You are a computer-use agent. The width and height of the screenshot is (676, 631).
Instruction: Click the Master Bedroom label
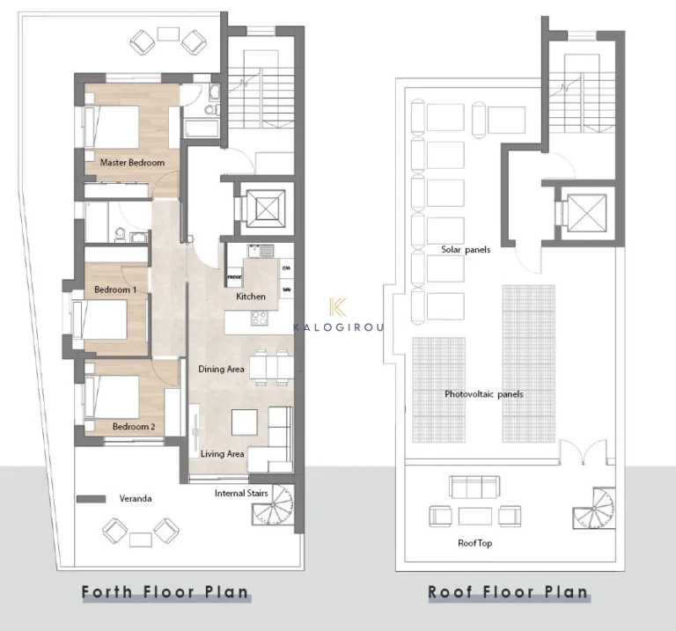pyautogui.click(x=132, y=163)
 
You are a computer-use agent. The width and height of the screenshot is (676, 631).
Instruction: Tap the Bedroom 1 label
pyautogui.click(x=115, y=290)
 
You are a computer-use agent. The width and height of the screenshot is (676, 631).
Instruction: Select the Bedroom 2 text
pyautogui.click(x=134, y=427)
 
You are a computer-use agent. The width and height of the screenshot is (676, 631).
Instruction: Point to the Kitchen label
pyautogui.click(x=250, y=297)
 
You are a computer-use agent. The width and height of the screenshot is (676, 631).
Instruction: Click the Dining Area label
pyautogui.click(x=221, y=370)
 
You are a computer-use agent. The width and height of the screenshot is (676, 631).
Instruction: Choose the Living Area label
pyautogui.click(x=222, y=454)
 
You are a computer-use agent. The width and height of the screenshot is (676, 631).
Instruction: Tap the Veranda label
pyautogui.click(x=136, y=499)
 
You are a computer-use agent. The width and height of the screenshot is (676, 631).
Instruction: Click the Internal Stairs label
pyautogui.click(x=241, y=494)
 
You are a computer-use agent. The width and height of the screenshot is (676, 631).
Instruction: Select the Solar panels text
pyautogui.click(x=466, y=250)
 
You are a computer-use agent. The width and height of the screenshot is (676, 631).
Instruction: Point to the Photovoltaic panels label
pyautogui.click(x=483, y=394)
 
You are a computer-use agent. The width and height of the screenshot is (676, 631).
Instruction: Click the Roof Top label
pyautogui.click(x=474, y=543)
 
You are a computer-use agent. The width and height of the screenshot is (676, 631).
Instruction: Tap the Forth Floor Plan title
pyautogui.click(x=165, y=591)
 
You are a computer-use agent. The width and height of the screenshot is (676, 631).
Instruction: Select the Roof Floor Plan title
pyautogui.click(x=508, y=591)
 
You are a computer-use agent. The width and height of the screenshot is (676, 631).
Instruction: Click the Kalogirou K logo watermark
pyautogui.click(x=334, y=307)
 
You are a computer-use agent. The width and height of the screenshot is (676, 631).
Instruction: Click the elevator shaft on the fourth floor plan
pyautogui.click(x=264, y=209)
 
